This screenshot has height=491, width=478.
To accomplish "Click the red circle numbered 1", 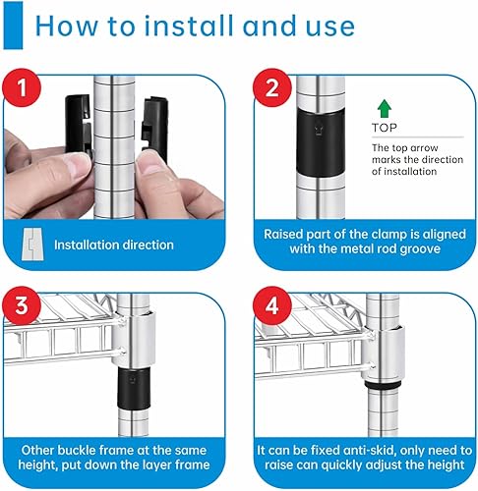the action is [x=22, y=87].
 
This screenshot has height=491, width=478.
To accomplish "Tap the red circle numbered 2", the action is [x=271, y=87].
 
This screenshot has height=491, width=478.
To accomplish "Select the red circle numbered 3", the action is [x=22, y=305].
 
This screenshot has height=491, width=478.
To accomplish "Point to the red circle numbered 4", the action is [x=271, y=305].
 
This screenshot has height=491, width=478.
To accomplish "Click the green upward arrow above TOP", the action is [x=384, y=109].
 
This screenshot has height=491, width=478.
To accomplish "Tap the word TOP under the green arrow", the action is [x=384, y=128].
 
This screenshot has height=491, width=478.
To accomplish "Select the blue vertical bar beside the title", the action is [x=13, y=26].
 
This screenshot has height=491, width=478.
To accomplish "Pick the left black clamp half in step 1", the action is [x=78, y=124].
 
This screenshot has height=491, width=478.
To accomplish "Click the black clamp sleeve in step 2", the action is [x=321, y=143].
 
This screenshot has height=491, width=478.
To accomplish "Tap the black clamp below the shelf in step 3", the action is [x=134, y=389].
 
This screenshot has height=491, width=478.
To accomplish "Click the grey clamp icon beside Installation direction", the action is [x=32, y=244].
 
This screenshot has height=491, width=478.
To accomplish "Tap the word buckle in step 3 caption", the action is [x=78, y=451].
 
